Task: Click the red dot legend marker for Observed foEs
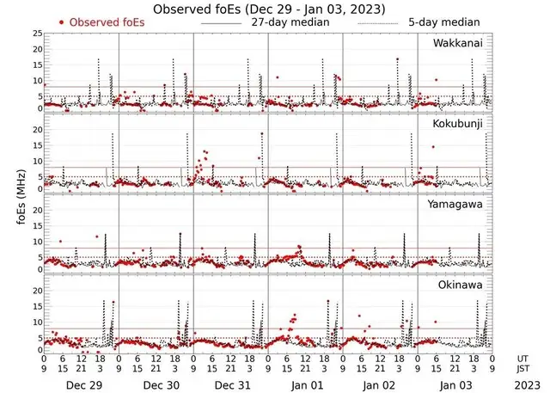click(x=61, y=21)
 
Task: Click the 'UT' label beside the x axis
click(x=522, y=359)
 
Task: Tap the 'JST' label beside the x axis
click(x=523, y=368)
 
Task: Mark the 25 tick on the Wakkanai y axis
click(x=36, y=33)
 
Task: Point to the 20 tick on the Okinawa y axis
click(x=36, y=291)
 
